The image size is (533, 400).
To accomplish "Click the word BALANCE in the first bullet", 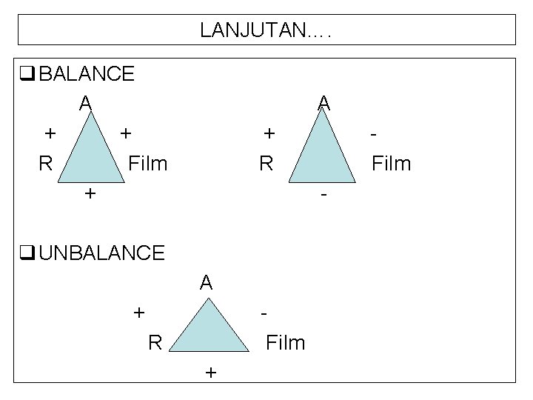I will tap(86, 74).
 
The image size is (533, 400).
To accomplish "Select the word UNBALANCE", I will tap(101, 253).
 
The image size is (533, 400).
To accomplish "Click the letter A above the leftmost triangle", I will tap(86, 102).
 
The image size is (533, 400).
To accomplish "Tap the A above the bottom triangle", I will tap(206, 282).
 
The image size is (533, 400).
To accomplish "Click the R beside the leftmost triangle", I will tap(45, 162).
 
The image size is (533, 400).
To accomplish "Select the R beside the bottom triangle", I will tap(155, 342).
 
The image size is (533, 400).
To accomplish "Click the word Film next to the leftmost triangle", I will tap(148, 162).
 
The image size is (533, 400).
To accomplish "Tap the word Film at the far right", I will tap(391, 162).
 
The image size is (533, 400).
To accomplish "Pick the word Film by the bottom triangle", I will tap(285, 342).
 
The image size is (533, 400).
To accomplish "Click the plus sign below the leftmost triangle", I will tap(90, 194).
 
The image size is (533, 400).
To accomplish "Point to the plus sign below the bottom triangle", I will tap(210, 373).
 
